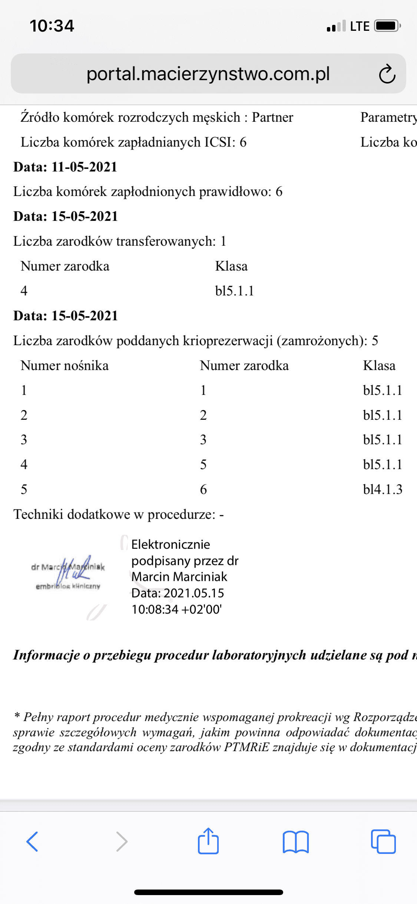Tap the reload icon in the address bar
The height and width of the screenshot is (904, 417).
(x=387, y=74)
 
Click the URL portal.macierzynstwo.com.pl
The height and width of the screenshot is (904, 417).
(x=208, y=74)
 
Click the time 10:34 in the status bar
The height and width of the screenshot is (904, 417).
(x=52, y=26)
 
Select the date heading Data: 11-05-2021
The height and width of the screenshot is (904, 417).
(x=65, y=167)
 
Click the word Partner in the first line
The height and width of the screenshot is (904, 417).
(x=272, y=117)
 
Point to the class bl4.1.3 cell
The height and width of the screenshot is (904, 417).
(x=383, y=489)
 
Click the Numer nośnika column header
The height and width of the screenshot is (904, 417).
(x=64, y=366)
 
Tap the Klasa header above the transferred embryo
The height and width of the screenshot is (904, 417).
(x=231, y=266)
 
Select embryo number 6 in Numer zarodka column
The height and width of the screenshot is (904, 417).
(x=203, y=489)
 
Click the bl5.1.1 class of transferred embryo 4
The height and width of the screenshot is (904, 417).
(x=235, y=291)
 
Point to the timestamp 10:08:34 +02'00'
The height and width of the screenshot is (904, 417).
(x=176, y=609)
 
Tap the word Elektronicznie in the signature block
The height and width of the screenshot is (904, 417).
(x=171, y=544)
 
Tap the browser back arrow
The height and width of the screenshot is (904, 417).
(x=32, y=841)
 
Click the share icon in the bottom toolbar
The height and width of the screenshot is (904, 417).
(x=208, y=841)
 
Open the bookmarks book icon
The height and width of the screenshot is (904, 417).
(x=295, y=842)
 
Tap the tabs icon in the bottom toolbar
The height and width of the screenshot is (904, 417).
(x=383, y=841)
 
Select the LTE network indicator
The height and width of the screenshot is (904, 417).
(x=360, y=26)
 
